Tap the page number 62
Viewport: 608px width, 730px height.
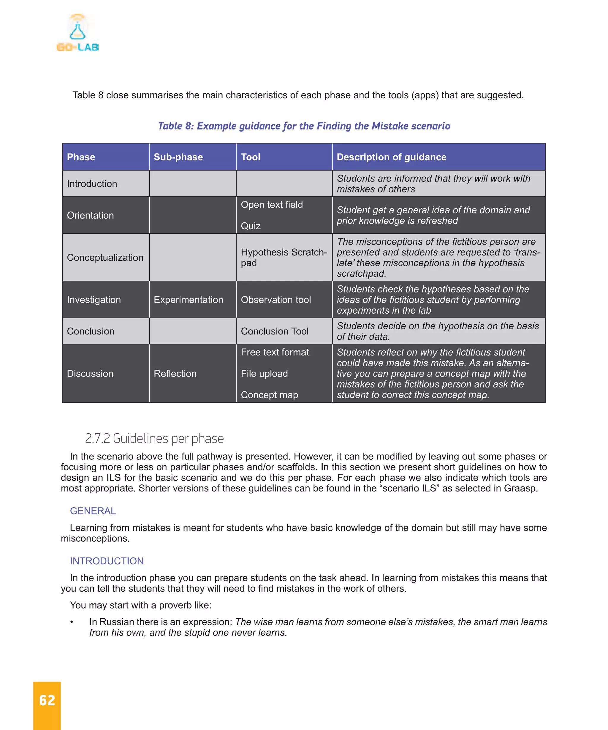(x=47, y=701)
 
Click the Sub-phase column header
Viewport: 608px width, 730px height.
(x=178, y=157)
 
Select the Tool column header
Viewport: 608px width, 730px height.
(x=251, y=157)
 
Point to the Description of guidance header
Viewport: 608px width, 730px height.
(x=391, y=157)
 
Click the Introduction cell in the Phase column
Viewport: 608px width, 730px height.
(x=92, y=184)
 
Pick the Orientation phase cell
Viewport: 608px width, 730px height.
(x=90, y=216)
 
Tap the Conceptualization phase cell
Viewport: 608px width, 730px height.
(x=105, y=257)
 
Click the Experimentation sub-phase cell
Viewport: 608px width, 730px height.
(x=188, y=300)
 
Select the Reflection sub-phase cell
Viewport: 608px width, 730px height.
(x=175, y=374)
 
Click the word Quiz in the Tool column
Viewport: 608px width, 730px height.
(x=251, y=226)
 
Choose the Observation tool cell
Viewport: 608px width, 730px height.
(x=275, y=300)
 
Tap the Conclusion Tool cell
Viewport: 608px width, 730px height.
(x=275, y=331)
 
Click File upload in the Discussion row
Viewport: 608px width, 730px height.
(x=264, y=374)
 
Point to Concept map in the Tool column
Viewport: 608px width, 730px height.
(x=269, y=395)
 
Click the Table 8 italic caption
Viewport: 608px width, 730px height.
(x=304, y=126)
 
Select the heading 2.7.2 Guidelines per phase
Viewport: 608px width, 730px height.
(x=154, y=439)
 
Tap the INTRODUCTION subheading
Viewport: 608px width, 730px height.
(x=107, y=561)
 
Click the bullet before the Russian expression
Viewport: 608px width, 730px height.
(x=72, y=622)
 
